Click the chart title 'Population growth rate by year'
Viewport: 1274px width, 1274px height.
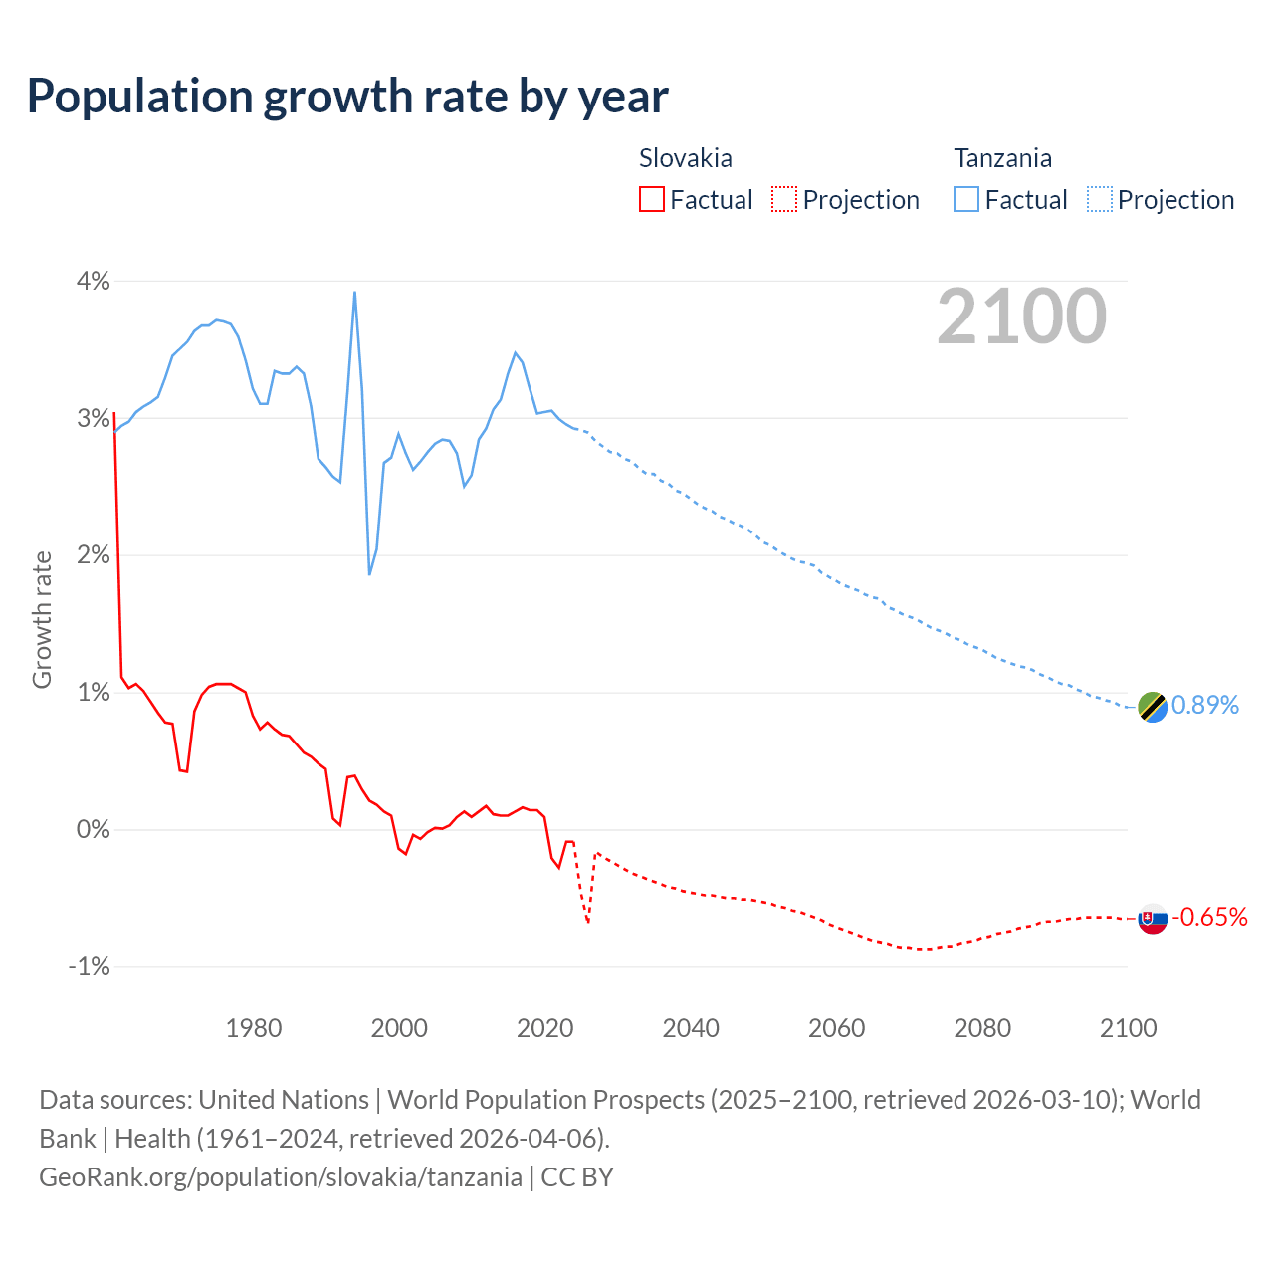(x=347, y=96)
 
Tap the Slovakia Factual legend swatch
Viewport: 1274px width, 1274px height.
(x=651, y=199)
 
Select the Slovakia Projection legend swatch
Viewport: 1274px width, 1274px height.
(x=783, y=199)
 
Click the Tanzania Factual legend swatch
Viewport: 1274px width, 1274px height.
(x=965, y=199)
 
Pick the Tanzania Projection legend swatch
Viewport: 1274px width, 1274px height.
(x=1099, y=199)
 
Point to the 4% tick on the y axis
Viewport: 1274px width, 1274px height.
(x=93, y=281)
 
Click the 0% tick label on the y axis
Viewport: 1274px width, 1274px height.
(x=93, y=829)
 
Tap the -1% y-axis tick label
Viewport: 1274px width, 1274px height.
(x=89, y=966)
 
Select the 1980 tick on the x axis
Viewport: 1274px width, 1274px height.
(x=254, y=1028)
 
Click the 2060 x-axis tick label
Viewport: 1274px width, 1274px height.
(x=836, y=1028)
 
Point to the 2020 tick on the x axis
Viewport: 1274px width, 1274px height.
(x=545, y=1028)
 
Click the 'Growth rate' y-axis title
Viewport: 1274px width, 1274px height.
(x=42, y=619)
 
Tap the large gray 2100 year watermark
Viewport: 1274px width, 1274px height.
(x=1021, y=317)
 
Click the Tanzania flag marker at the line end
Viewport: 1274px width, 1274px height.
(x=1152, y=707)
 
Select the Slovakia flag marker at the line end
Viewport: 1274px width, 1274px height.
(x=1152, y=919)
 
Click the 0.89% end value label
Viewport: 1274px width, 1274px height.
(x=1205, y=705)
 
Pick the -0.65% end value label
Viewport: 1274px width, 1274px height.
(x=1209, y=917)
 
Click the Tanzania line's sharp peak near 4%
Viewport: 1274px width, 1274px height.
(x=354, y=293)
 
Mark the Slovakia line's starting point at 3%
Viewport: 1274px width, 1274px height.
(x=114, y=412)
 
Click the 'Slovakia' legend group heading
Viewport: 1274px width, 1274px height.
(x=685, y=158)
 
